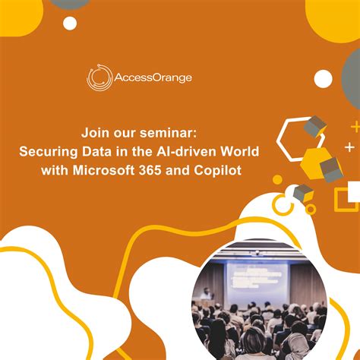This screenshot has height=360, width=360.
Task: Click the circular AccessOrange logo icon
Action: click(x=100, y=77)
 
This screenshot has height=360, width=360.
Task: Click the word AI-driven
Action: click(x=190, y=152)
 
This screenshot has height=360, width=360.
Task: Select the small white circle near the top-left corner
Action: click(x=70, y=24)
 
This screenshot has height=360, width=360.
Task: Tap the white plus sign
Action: click(x=349, y=147)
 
